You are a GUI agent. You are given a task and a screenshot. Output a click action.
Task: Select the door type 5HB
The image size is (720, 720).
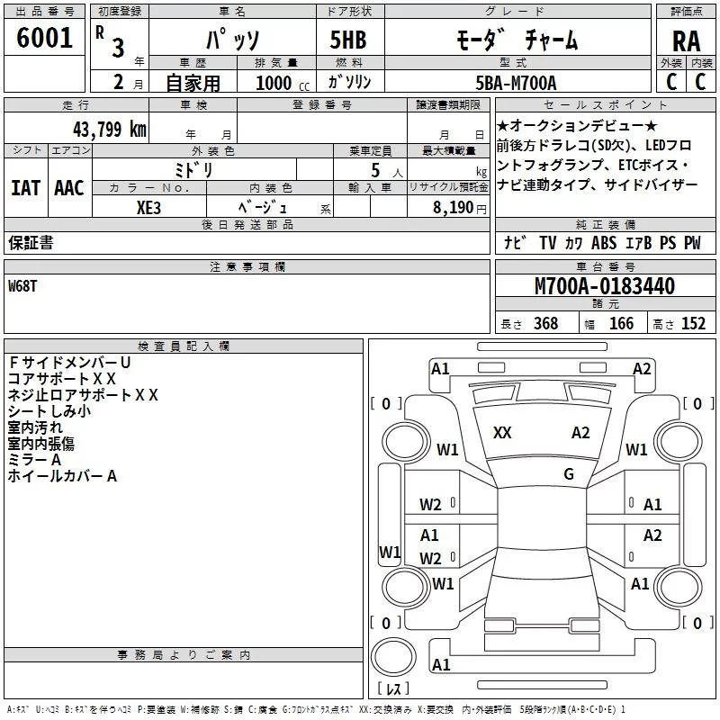[348, 40]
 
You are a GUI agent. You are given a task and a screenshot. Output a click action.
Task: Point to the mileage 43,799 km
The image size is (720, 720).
[109, 128]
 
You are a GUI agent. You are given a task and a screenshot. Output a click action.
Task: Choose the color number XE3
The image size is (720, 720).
[150, 205]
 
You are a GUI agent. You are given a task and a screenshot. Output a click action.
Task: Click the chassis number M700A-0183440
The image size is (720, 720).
[604, 286]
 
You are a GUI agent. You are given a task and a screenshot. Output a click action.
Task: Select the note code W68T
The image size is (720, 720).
[23, 285]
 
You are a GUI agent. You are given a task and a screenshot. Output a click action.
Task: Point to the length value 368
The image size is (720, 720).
[545, 323]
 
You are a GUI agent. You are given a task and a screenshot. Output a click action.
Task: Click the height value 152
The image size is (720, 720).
[693, 323]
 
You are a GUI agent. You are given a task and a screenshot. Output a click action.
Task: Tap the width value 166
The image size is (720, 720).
[621, 323]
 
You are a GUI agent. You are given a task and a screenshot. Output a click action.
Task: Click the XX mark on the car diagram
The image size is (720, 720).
[502, 433]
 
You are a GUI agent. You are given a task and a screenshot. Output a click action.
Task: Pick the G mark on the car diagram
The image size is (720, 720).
[569, 474]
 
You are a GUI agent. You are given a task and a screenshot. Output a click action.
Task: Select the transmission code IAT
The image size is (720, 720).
[25, 188]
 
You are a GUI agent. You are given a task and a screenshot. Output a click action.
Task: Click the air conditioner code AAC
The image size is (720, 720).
[68, 188]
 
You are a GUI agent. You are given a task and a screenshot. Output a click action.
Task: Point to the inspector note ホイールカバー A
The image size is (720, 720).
[62, 476]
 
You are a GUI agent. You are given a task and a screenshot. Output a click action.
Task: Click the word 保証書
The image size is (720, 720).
[31, 243]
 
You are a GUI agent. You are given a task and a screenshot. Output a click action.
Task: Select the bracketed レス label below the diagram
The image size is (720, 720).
[392, 690]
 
